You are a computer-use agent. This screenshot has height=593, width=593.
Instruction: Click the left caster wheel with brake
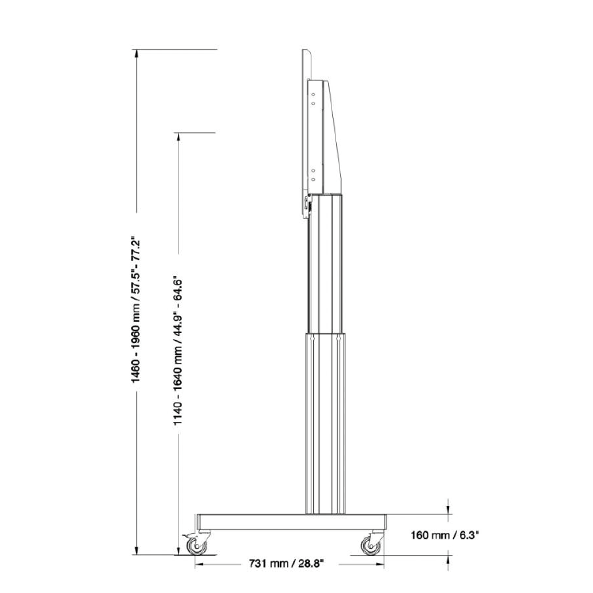pos(197,546)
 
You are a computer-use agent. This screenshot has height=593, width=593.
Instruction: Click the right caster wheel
pos(369,546)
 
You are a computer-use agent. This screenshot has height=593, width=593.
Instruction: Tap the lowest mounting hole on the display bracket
pos(314,179)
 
